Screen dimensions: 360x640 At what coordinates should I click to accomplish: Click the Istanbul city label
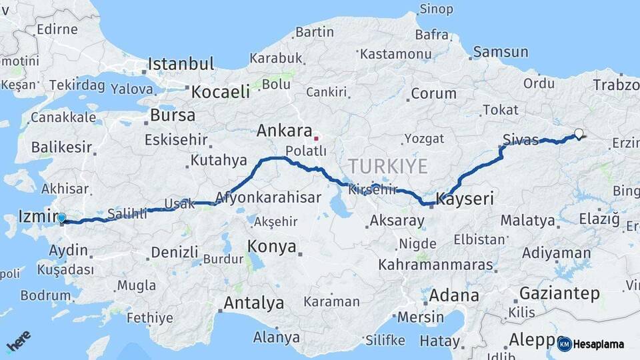click(181, 65)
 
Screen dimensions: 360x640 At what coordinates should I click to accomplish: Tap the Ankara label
click(285, 130)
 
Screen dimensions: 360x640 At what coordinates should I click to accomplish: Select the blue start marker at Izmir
click(61, 217)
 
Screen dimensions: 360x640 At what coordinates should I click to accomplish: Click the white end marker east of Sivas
click(579, 133)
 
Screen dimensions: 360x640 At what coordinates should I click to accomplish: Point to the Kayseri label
click(465, 199)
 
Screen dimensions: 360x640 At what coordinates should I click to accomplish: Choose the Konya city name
click(272, 247)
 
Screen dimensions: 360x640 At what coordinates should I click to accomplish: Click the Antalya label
click(253, 303)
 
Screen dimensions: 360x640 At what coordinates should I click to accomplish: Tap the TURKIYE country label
click(387, 167)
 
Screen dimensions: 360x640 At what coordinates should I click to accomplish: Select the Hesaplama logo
click(591, 344)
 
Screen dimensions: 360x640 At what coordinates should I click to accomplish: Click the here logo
click(19, 342)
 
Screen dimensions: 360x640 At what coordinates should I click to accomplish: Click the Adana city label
click(455, 295)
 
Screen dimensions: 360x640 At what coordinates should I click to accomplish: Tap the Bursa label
click(173, 115)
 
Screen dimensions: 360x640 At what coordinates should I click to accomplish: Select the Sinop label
click(436, 9)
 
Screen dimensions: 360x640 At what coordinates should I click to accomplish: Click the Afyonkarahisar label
click(268, 198)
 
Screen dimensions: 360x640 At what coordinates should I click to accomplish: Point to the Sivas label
click(520, 140)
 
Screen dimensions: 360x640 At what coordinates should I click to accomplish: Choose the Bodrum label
click(45, 295)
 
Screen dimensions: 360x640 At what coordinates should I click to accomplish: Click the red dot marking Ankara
click(317, 139)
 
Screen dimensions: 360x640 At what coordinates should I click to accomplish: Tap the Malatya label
click(527, 221)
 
